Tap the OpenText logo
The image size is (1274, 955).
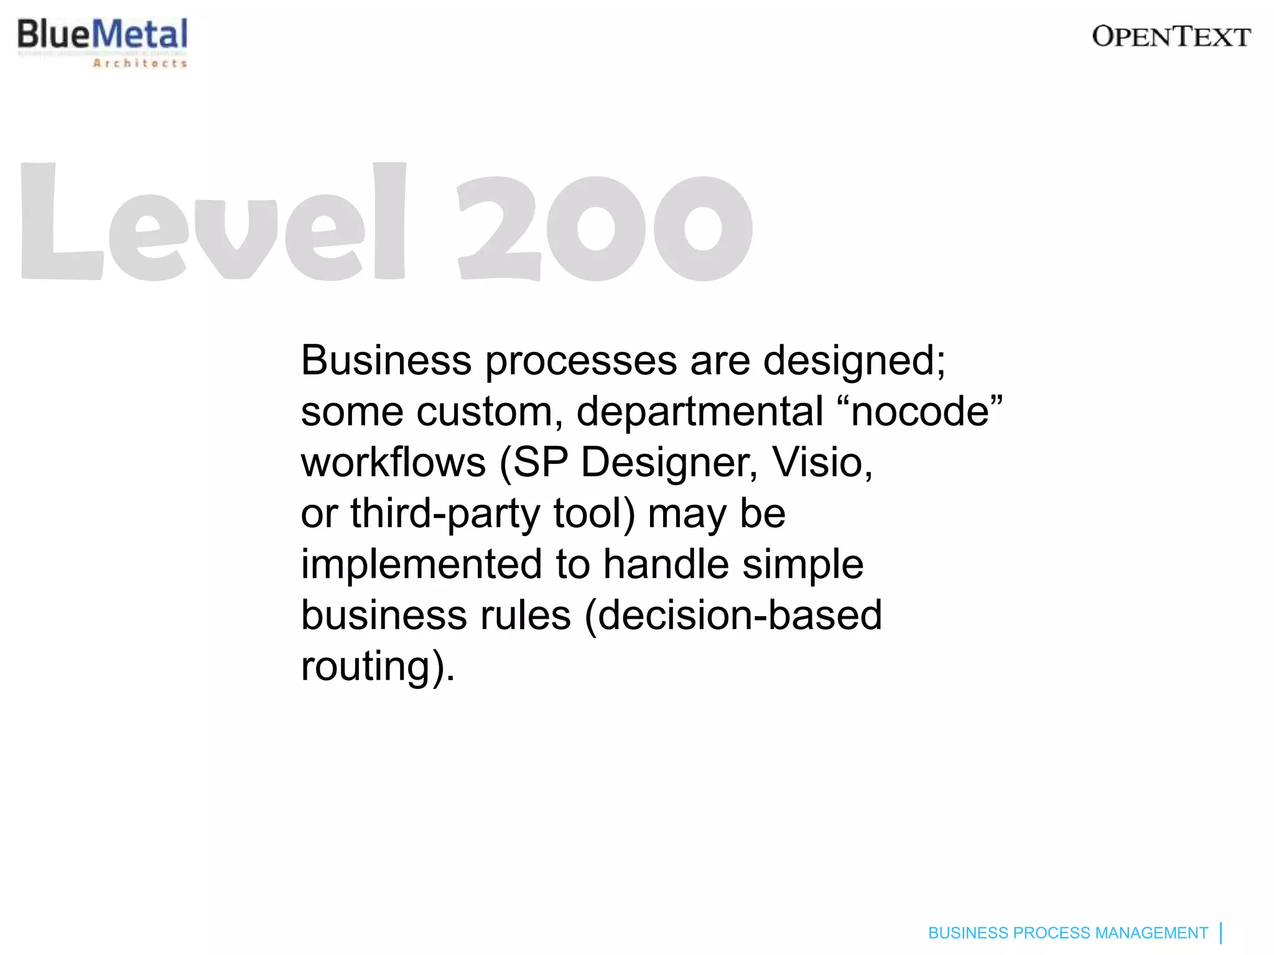(1171, 37)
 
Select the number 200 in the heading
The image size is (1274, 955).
(605, 228)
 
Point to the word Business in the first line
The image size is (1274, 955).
(386, 361)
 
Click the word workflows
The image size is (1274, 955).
(393, 463)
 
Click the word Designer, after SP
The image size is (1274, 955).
(669, 464)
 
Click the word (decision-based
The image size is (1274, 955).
(733, 616)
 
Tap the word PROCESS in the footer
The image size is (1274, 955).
(1051, 933)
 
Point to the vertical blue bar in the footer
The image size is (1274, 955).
(1221, 933)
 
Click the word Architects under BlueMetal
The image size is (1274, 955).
(140, 63)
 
